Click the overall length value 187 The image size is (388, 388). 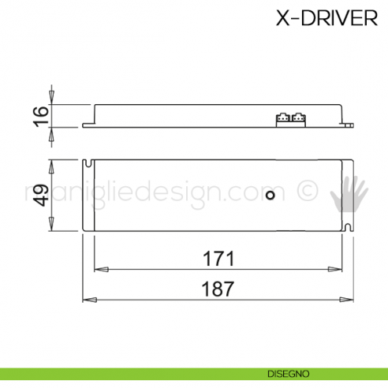pyautogui.click(x=218, y=289)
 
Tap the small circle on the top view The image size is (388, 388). pyautogui.click(x=270, y=195)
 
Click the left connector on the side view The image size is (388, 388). pyautogui.click(x=281, y=118)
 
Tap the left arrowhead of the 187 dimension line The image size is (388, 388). pyautogui.click(x=88, y=300)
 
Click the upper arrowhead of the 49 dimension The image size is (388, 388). pyautogui.click(x=52, y=166)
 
